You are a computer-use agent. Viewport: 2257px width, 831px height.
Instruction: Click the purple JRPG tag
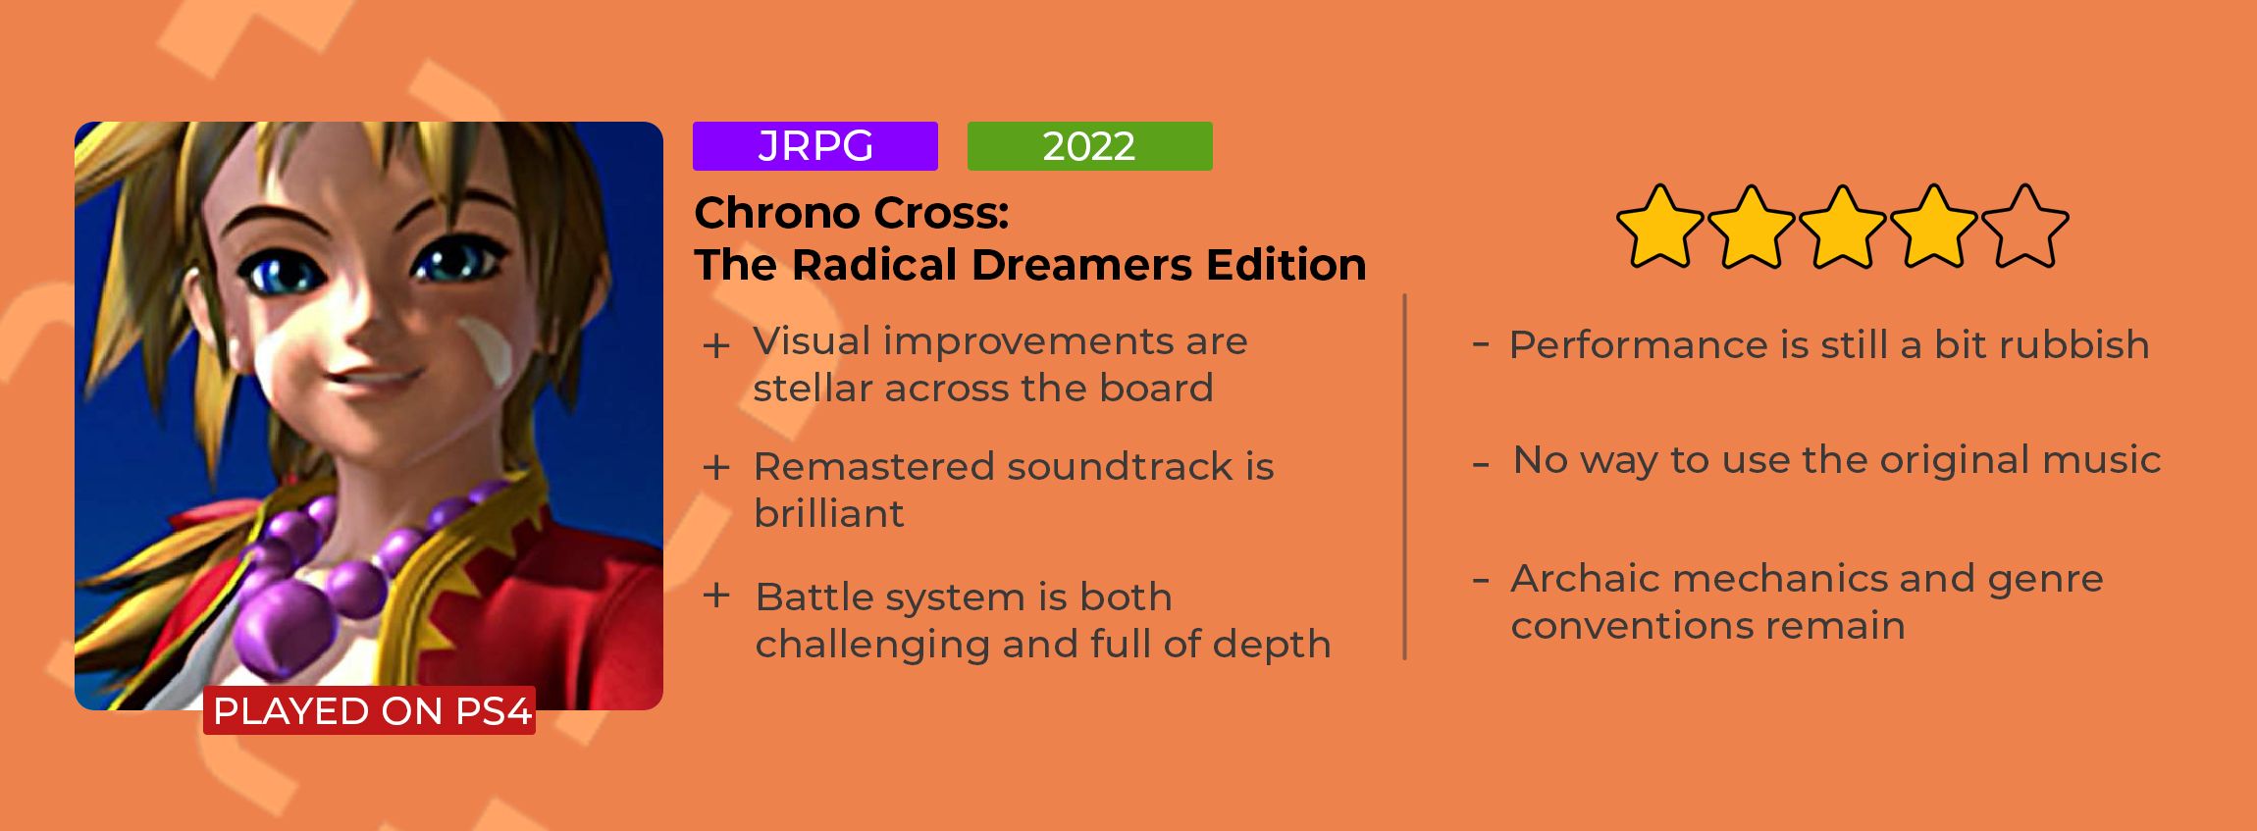pos(814,146)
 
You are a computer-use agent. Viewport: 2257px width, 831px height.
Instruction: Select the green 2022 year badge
pos(1089,146)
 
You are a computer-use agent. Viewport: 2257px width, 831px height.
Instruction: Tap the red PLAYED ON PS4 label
pos(370,710)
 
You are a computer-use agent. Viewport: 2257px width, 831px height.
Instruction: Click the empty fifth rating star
pos(2024,227)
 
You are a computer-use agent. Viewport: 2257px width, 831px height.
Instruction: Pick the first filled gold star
pos(1659,227)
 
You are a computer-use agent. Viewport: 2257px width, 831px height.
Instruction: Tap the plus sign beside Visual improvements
pos(716,345)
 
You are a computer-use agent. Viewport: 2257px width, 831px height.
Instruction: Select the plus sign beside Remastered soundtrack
pos(716,467)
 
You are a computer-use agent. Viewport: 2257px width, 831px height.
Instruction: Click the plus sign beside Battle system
pos(716,596)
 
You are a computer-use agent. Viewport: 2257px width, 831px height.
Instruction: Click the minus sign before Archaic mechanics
pos(1481,579)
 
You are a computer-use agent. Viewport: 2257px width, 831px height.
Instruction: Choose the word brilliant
pos(829,513)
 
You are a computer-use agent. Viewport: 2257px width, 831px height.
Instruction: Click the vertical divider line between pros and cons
pos(1405,477)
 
